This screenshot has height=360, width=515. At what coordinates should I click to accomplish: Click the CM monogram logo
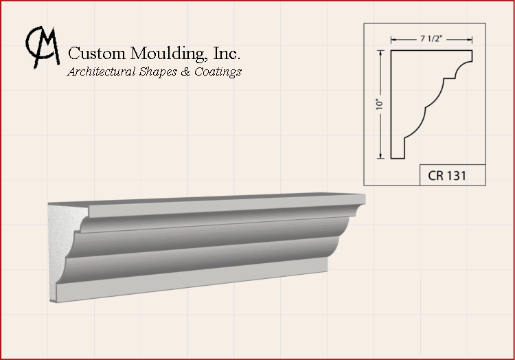coord(43,47)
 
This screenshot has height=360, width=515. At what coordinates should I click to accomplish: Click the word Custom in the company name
coord(97,53)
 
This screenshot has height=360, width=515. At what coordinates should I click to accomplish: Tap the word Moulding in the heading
coord(169,54)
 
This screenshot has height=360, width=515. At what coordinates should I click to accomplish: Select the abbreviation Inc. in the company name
coord(227,53)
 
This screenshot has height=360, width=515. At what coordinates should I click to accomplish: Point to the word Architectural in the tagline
coord(101,71)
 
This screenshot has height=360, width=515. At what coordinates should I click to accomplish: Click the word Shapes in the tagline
coord(158,72)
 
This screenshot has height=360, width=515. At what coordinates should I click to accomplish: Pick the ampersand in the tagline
coord(185,71)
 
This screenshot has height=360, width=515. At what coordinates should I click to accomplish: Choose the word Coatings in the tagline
coord(218,72)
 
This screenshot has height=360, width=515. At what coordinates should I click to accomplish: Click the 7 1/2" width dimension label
coord(431,38)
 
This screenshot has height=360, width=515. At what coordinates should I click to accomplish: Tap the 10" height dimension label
coord(379,104)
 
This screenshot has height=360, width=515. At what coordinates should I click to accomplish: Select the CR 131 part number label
coord(447,176)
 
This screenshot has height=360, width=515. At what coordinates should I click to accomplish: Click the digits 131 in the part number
coord(456,176)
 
